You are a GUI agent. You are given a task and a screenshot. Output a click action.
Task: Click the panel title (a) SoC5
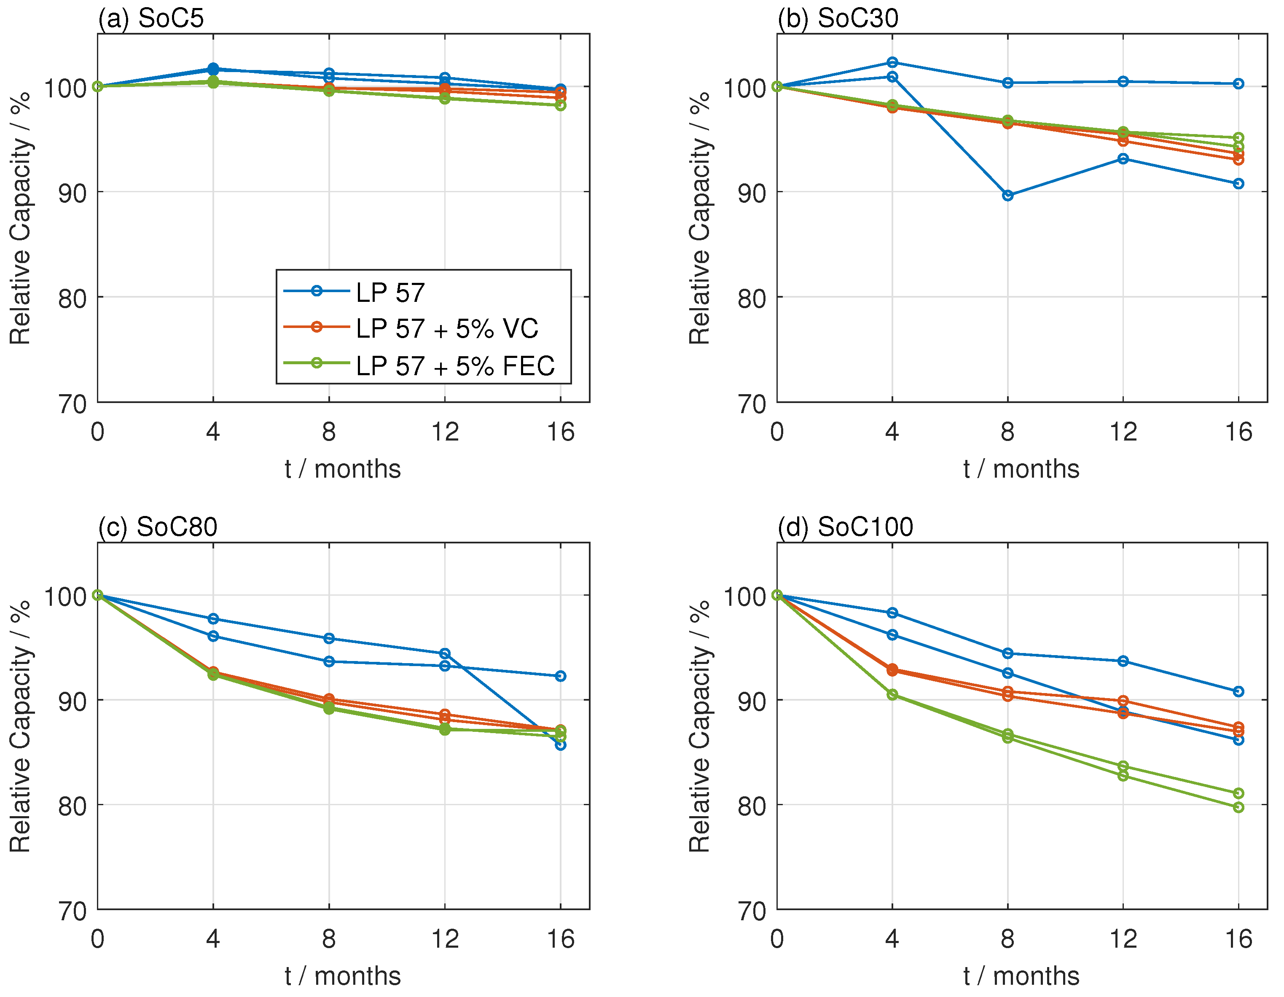pos(150,18)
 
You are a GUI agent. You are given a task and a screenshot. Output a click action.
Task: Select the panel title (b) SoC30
pos(837,18)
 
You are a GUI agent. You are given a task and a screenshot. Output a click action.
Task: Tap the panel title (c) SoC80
pos(158,526)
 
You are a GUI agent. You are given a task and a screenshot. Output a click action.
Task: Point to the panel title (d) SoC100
pos(845,526)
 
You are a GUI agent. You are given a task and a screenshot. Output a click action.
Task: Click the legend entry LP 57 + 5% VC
pos(447,328)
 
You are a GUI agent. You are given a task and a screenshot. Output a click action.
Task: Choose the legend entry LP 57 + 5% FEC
pos(455,365)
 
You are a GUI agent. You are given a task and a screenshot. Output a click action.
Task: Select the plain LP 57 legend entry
pos(390,292)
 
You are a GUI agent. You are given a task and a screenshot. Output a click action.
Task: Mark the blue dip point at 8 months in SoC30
pos(1007,195)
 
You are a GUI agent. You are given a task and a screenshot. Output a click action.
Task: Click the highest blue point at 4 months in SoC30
pos(892,62)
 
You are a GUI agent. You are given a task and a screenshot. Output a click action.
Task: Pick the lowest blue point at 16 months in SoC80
pos(560,745)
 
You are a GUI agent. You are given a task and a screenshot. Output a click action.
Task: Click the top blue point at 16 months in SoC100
pos(1238,691)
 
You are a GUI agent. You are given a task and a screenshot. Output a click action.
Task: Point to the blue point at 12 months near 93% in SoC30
pos(1123,159)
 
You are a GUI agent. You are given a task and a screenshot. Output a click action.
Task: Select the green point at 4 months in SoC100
pos(892,694)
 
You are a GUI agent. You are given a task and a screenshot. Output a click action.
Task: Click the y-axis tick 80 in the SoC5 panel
pos(73,298)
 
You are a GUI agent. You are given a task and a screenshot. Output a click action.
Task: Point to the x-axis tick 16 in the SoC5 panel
pos(560,432)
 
